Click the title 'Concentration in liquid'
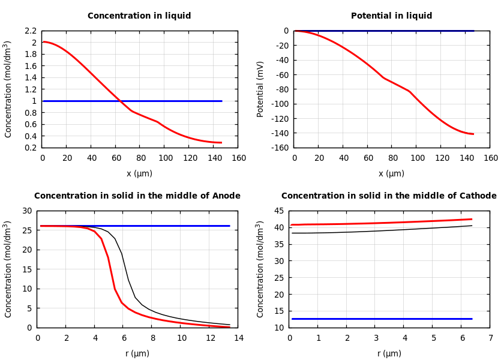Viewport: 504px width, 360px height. (139, 16)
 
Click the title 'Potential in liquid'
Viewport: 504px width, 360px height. (391, 16)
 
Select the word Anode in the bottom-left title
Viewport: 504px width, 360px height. (226, 196)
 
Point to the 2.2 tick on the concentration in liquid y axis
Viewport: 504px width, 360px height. (31, 31)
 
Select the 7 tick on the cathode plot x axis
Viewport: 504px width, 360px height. (490, 338)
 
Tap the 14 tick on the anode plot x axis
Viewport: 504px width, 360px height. (238, 338)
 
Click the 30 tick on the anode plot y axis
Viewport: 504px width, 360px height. (27, 211)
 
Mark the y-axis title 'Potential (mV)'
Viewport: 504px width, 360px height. (260, 89)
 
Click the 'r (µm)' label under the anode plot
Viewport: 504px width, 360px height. (137, 353)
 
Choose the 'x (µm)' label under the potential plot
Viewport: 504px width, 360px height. (391, 173)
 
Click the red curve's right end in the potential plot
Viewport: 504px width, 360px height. (473, 134)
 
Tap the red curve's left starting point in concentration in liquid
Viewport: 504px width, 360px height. (43, 42)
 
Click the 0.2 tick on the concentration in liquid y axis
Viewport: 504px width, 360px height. (31, 148)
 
